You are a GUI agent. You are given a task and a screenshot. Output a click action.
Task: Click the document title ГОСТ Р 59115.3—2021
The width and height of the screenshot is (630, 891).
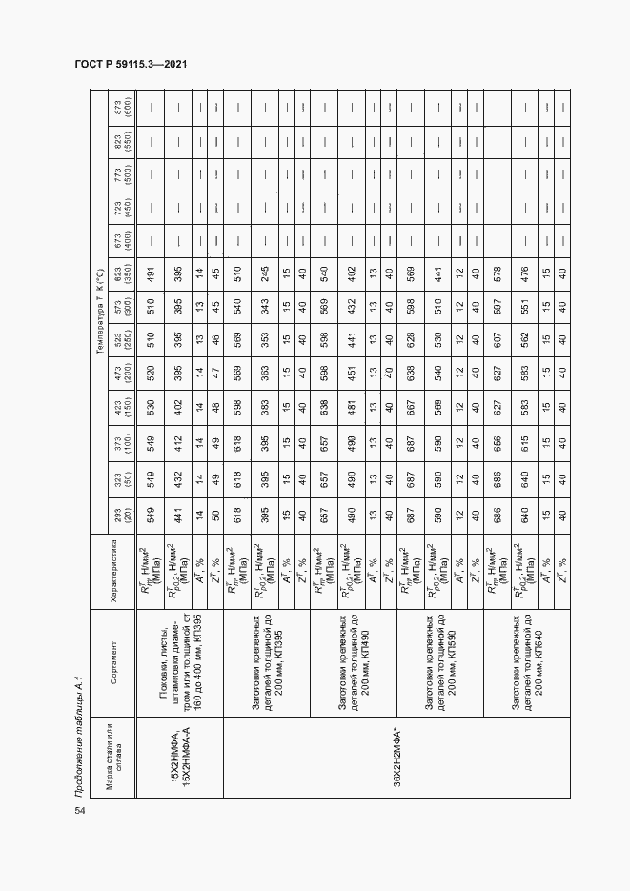pyautogui.click(x=130, y=63)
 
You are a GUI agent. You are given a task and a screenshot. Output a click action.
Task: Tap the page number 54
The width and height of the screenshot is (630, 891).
pyautogui.click(x=79, y=809)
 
